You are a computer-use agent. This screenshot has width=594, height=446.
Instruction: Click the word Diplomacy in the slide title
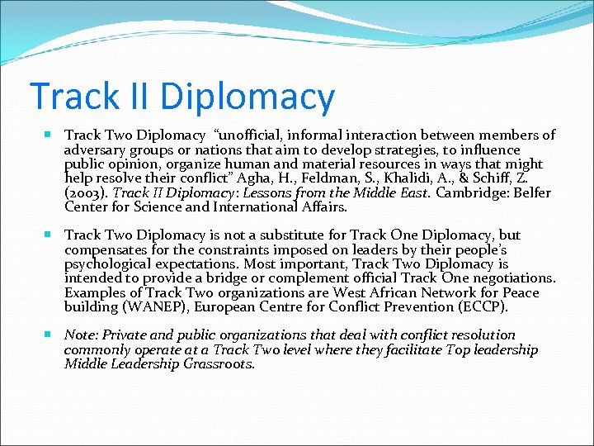pyautogui.click(x=247, y=97)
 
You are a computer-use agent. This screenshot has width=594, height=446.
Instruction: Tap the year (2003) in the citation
pyautogui.click(x=85, y=192)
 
